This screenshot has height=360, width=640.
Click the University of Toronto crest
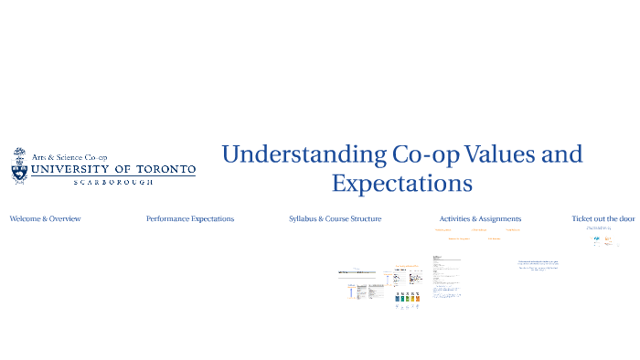(20, 166)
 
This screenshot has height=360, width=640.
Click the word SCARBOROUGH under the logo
(113, 183)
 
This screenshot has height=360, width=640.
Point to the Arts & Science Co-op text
(69, 157)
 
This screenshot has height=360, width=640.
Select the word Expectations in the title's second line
(401, 183)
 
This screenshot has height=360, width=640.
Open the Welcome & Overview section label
(45, 219)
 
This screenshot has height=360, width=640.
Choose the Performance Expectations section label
(190, 219)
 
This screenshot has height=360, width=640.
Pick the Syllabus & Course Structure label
(335, 219)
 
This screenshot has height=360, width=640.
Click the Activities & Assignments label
(480, 219)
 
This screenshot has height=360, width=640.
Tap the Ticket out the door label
(603, 219)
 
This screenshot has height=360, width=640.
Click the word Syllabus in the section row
(305, 219)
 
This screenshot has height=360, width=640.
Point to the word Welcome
(27, 219)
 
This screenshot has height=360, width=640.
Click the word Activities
(456, 219)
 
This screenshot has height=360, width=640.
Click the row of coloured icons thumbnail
(407, 298)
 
